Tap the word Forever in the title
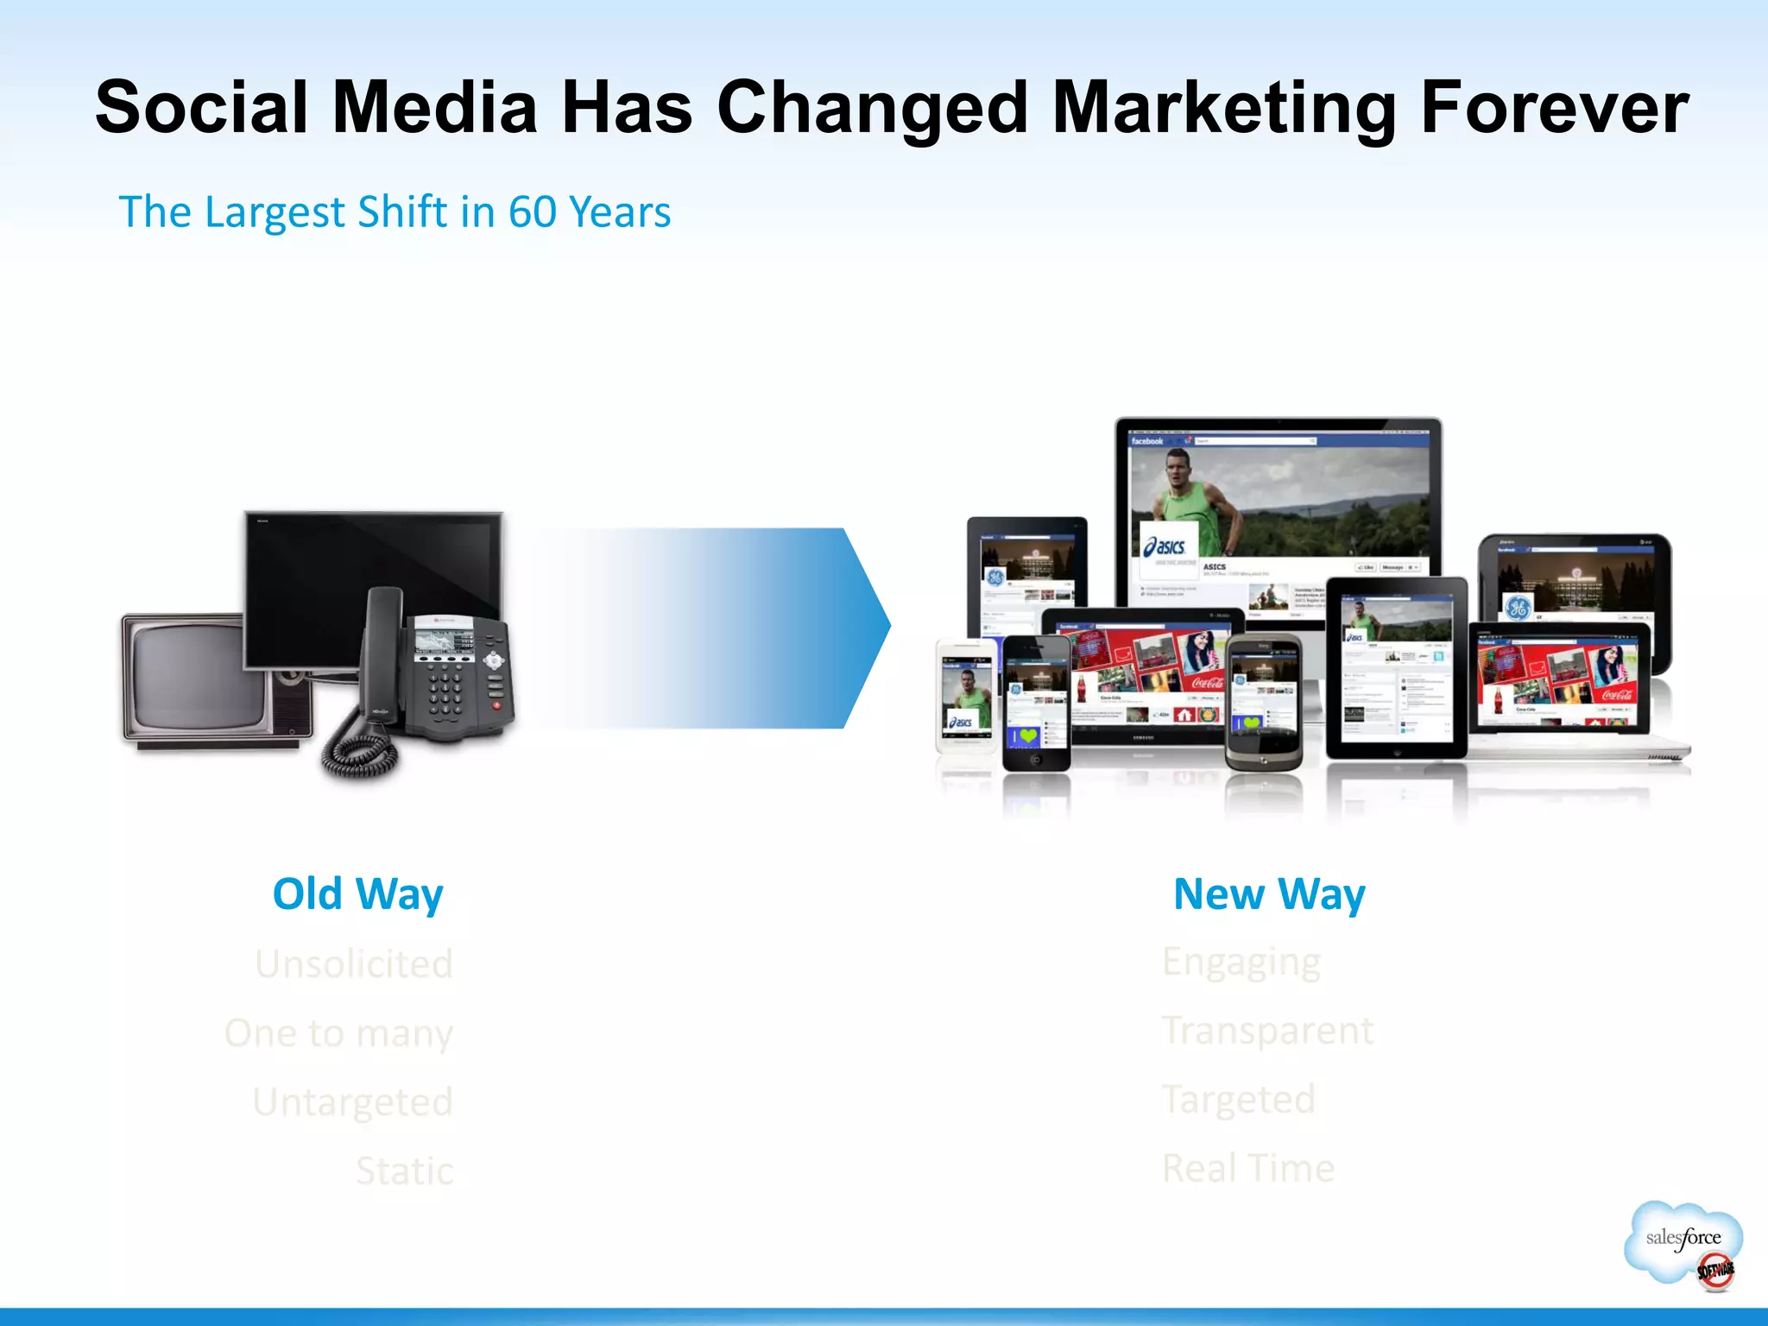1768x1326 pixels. tap(1554, 108)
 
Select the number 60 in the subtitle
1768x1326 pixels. tap(532, 212)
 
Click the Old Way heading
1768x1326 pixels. tap(357, 894)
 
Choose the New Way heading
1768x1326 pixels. tap(1269, 894)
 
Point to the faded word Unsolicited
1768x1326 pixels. tap(354, 964)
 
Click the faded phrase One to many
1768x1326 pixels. tap(338, 1033)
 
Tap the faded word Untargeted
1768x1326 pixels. tap(352, 1102)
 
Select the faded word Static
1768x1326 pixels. tap(404, 1171)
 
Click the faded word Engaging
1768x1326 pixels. tap(1241, 963)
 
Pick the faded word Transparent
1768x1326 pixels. tap(1267, 1031)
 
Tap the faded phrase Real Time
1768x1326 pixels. tap(1248, 1169)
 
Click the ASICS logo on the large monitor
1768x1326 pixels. tap(1166, 546)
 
